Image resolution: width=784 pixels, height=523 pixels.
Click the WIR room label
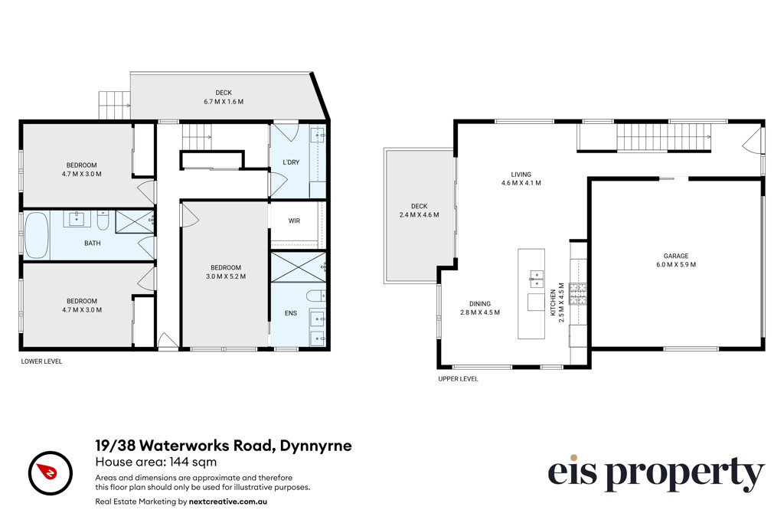click(294, 221)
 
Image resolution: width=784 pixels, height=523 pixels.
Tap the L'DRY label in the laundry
click(291, 162)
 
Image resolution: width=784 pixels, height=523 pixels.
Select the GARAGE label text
click(676, 256)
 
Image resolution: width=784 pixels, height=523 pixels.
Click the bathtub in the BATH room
click(37, 235)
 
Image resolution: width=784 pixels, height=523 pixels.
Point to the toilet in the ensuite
click(316, 296)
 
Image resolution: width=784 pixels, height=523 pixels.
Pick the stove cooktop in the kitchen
click(579, 293)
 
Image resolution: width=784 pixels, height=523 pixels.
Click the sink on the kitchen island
click(537, 279)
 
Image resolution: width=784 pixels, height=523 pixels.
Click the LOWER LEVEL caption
click(41, 361)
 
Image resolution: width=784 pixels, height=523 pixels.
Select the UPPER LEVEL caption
click(458, 378)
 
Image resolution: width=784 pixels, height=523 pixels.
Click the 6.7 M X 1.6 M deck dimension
click(224, 102)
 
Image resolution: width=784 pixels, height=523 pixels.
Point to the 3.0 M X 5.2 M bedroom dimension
click(226, 276)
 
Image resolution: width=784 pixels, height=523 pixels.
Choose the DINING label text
click(480, 303)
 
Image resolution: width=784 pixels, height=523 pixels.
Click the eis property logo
click(656, 472)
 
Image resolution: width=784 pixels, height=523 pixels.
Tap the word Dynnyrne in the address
click(315, 446)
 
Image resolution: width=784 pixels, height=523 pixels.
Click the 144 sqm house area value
click(193, 462)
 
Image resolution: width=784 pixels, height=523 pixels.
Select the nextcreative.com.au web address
click(228, 502)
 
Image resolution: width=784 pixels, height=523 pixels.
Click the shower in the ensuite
click(299, 267)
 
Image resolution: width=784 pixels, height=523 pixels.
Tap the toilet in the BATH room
click(103, 221)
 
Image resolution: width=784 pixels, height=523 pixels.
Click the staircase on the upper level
click(664, 136)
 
